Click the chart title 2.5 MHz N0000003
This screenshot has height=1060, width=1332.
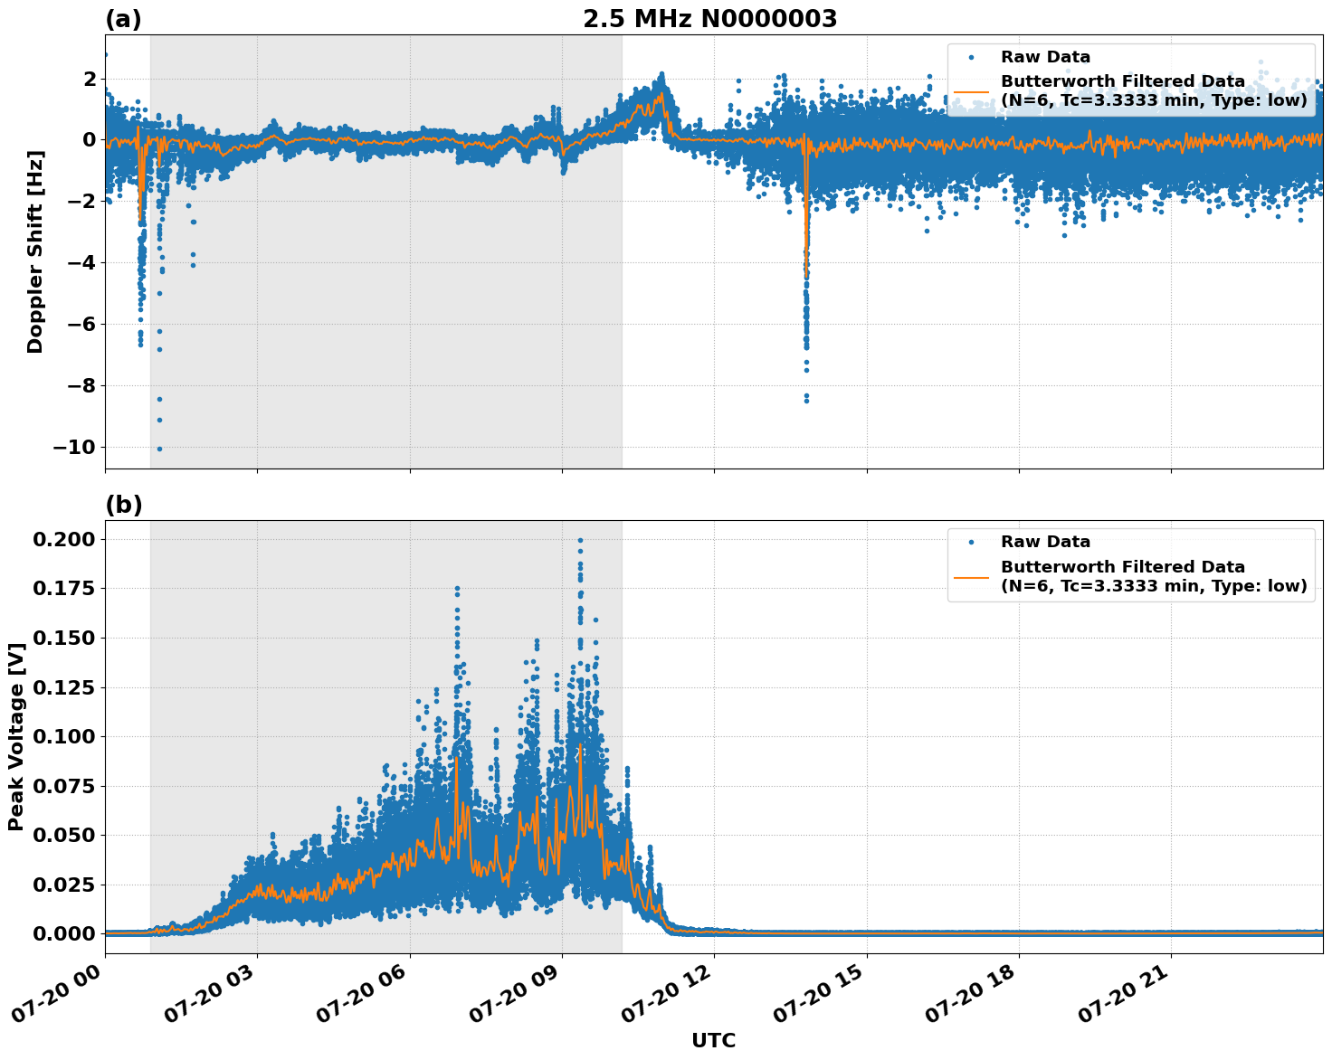pos(709,19)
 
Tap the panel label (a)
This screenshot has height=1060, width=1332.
pos(123,19)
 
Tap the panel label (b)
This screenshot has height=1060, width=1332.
pos(123,505)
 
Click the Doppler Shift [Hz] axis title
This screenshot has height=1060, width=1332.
pos(35,251)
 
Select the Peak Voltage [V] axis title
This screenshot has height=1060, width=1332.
pos(15,736)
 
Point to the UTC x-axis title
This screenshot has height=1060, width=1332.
pos(713,1040)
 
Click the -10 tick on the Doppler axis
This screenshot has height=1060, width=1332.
pos(73,448)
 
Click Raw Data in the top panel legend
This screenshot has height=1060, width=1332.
pos(1045,58)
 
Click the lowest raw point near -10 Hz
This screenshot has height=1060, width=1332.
pos(159,449)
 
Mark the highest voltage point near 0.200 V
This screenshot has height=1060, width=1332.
pos(580,540)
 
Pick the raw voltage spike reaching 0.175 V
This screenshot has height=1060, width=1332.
pos(457,589)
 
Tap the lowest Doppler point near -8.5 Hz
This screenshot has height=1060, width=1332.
pos(806,400)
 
